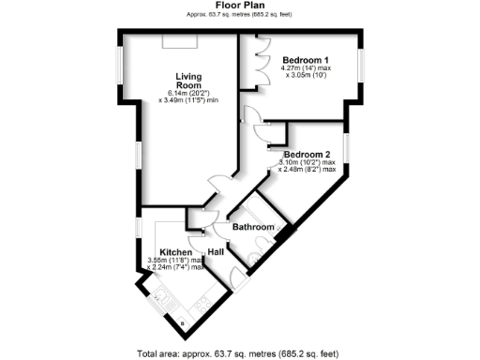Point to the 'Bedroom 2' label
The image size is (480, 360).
coord(307,155)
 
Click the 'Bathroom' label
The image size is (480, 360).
coord(253,228)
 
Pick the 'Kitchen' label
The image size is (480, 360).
coord(176,253)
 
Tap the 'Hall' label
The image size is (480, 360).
coord(215,252)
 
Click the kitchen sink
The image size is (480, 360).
coord(162,298)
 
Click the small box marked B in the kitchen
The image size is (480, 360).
coord(182,323)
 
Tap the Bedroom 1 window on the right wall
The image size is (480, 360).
coord(362,70)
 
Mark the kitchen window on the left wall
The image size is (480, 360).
coord(138,229)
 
